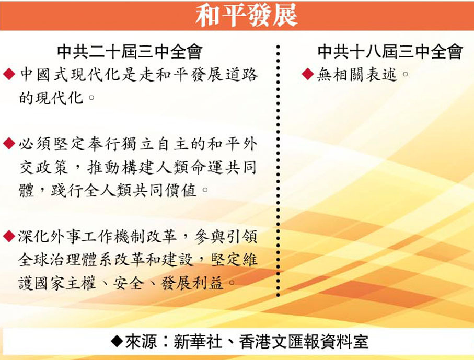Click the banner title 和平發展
click(x=246, y=15)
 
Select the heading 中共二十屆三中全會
click(x=130, y=52)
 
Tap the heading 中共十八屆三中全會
click(x=390, y=52)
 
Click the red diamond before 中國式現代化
click(x=9, y=74)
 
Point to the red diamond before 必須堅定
click(x=9, y=143)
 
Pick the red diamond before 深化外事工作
click(x=9, y=236)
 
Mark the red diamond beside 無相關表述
click(x=308, y=74)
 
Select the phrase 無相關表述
click(x=357, y=74)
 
